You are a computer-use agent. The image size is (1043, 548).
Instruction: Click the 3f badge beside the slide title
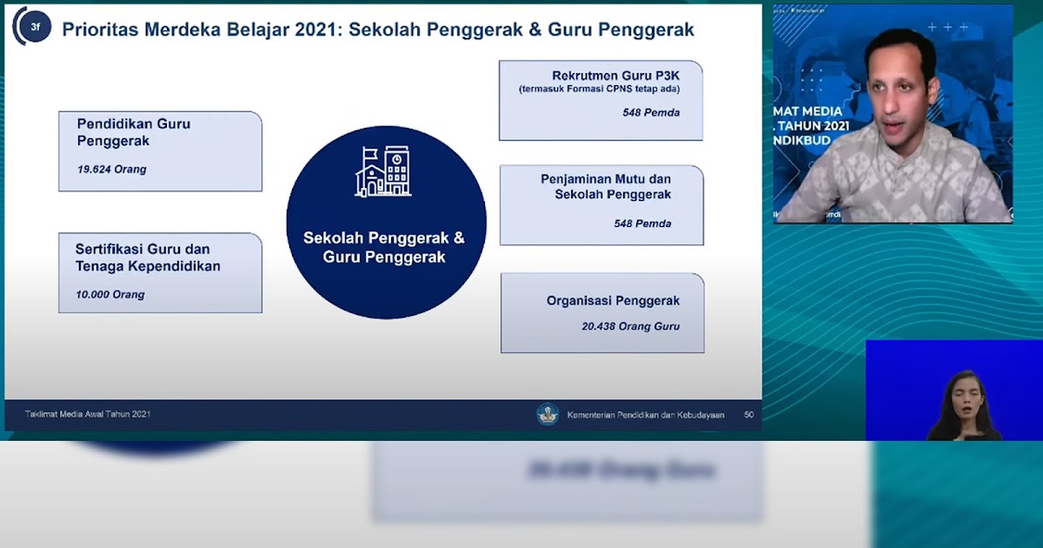click(35, 28)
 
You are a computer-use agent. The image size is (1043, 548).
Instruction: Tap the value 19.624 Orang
click(111, 170)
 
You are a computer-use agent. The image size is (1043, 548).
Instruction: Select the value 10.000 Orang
click(110, 295)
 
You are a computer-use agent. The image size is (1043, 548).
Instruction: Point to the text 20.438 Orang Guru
click(630, 327)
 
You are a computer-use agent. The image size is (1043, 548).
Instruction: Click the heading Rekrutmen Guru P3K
click(615, 76)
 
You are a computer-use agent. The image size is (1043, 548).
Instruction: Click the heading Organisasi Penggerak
click(613, 301)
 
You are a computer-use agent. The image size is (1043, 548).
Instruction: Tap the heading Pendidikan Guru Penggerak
click(133, 132)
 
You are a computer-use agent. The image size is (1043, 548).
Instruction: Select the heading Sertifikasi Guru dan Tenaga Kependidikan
click(147, 257)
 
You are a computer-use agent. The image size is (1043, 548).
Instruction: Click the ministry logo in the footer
click(547, 414)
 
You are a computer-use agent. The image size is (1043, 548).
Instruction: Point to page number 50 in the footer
click(748, 415)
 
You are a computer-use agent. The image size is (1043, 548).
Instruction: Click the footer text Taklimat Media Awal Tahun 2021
click(88, 414)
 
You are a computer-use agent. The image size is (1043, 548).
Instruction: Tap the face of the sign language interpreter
click(964, 391)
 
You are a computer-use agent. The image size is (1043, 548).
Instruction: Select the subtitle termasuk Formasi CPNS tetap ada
click(600, 90)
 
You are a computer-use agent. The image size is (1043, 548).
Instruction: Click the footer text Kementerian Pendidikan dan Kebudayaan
click(645, 415)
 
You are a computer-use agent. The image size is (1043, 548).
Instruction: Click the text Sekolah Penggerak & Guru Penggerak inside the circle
click(384, 247)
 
